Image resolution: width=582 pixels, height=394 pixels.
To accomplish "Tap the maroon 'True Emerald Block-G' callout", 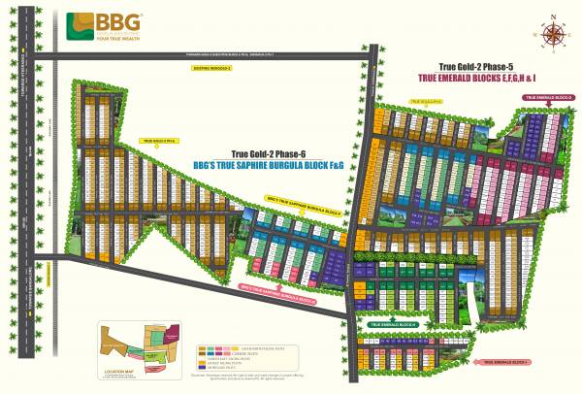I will click(548, 98).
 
